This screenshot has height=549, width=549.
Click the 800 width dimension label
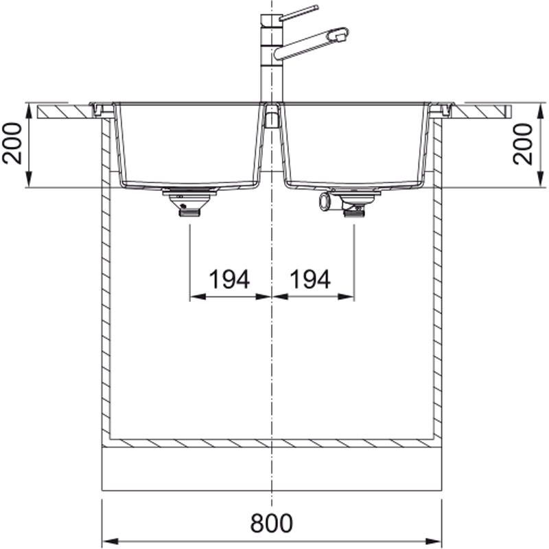271,523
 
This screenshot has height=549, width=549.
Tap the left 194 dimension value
229,279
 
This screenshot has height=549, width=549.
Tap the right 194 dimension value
310,279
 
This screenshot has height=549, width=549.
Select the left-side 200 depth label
12,143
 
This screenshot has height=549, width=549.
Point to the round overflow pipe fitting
324,202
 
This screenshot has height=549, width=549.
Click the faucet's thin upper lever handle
299,12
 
